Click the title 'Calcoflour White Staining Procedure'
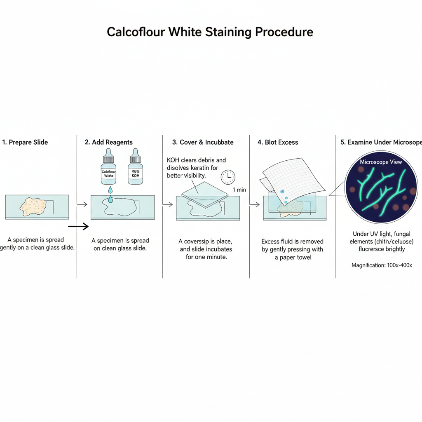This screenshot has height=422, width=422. [210, 32]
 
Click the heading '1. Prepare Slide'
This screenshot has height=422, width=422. [25, 142]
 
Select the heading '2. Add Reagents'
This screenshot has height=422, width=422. [109, 142]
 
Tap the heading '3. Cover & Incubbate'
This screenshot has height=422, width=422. [203, 142]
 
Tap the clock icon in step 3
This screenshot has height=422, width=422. [228, 177]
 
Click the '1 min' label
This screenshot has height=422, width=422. [239, 190]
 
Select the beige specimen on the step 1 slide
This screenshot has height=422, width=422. [33, 206]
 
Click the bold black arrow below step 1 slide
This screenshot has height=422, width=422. [78, 226]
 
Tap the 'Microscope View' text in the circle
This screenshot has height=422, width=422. [381, 162]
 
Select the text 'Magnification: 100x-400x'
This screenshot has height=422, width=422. [381, 265]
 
